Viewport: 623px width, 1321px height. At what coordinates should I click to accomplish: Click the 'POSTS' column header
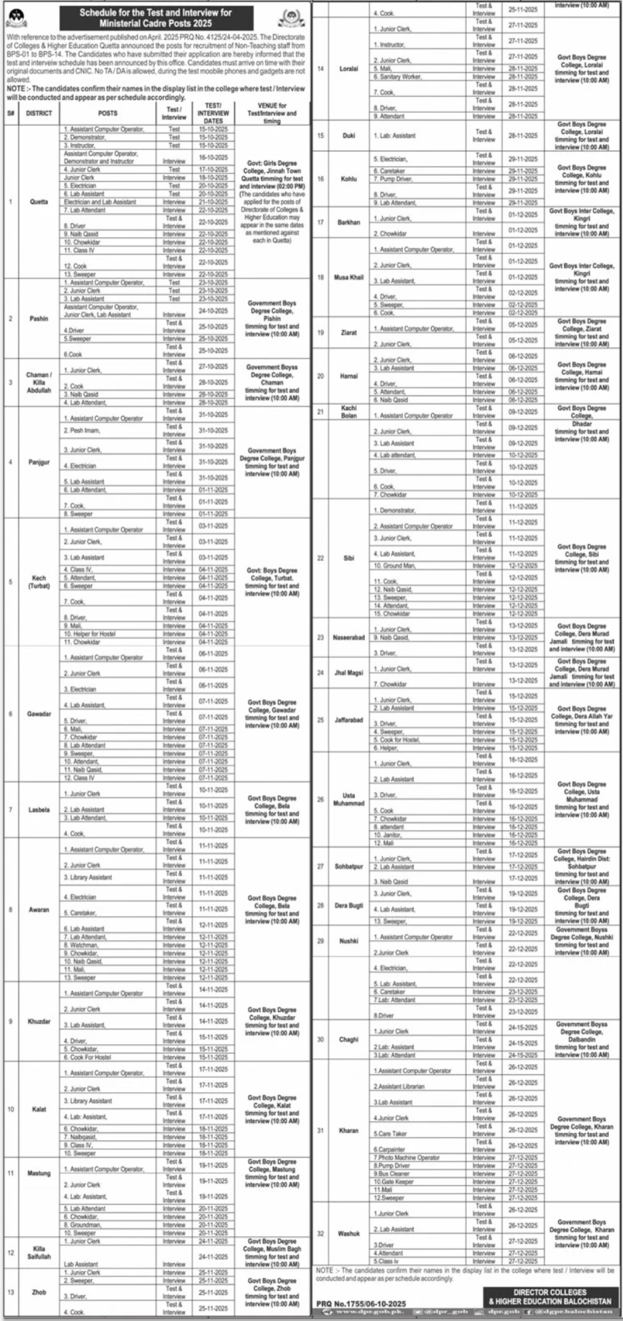pos(107,113)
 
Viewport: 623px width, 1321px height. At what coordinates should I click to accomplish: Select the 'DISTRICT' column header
pos(39,113)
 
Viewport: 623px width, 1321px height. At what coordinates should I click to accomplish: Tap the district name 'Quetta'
pos(39,201)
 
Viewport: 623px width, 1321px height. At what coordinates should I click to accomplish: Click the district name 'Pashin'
pos(39,319)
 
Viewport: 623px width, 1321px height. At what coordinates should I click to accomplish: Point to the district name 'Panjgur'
pos(39,462)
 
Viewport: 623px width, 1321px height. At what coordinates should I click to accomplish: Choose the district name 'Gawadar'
pos(39,714)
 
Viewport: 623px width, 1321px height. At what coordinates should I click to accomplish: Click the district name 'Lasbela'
pos(39,810)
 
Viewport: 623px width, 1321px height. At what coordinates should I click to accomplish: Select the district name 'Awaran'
pos(39,909)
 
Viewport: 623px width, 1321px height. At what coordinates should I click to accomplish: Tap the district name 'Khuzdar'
pos(39,1021)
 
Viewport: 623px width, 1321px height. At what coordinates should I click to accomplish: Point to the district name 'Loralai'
pos(349,69)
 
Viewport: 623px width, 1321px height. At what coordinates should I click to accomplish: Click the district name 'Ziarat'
pos(349,332)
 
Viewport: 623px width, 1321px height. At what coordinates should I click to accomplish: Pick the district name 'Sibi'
pos(349,558)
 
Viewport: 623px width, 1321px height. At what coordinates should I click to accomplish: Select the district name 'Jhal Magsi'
pos(349,673)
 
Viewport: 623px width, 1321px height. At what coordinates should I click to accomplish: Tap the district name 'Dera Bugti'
pos(349,905)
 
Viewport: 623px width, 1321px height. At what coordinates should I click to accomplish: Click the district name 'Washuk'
pos(349,1234)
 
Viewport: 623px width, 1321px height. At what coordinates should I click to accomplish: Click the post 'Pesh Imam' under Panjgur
pos(82,431)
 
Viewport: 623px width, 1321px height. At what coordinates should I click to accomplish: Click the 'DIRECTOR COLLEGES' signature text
pos(550,1292)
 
